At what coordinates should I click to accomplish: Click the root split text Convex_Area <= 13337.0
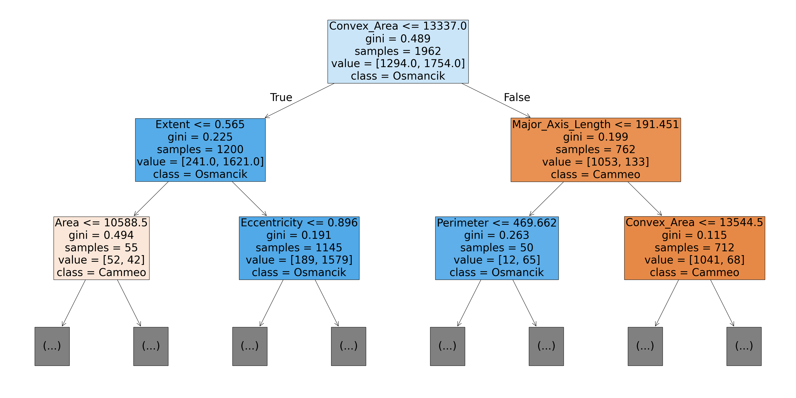pyautogui.click(x=398, y=26)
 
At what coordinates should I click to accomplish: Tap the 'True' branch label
pyautogui.click(x=281, y=97)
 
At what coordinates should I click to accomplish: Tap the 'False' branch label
pyautogui.click(x=517, y=97)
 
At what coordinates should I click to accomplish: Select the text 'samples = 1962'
pyautogui.click(x=398, y=51)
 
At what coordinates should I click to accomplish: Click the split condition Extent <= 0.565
pyautogui.click(x=200, y=125)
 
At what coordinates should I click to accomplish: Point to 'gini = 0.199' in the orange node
pyautogui.click(x=595, y=137)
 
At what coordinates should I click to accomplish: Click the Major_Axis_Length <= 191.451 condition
pyautogui.click(x=595, y=125)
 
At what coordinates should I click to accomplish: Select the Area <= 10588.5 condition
pyautogui.click(x=101, y=223)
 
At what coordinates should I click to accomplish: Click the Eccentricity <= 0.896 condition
pyautogui.click(x=299, y=223)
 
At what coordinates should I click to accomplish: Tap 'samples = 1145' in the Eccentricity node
pyautogui.click(x=299, y=247)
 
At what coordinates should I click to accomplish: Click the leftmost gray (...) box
pyautogui.click(x=52, y=346)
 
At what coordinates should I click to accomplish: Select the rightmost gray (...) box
pyautogui.click(x=744, y=346)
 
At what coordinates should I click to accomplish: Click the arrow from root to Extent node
pyautogui.click(x=300, y=101)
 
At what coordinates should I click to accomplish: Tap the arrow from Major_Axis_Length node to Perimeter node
pyautogui.click(x=546, y=199)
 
